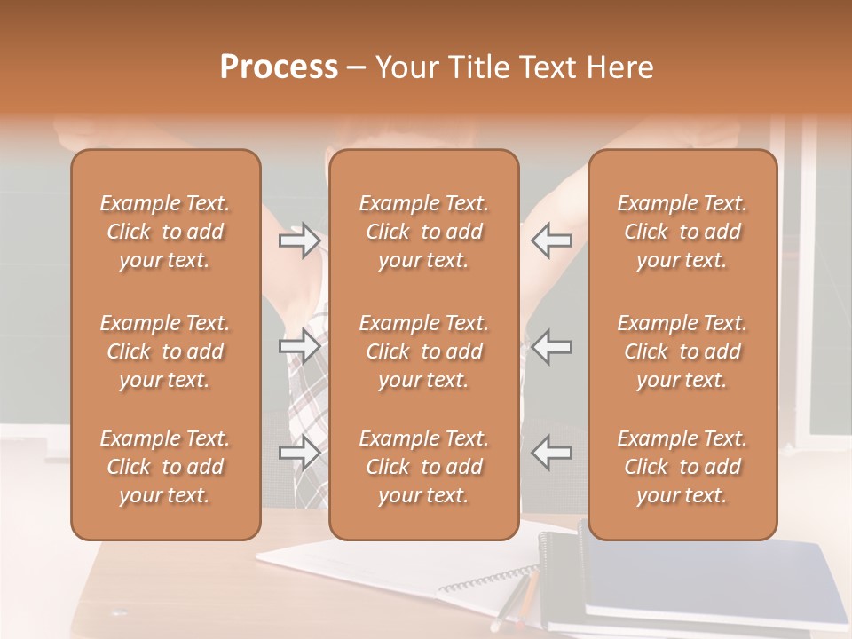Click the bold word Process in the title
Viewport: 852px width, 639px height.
tap(279, 67)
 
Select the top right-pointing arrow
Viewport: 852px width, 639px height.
tap(300, 241)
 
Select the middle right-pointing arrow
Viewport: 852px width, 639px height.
tap(300, 346)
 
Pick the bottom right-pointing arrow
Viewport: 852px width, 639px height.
tap(300, 453)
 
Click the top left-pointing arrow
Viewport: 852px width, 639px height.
tap(551, 241)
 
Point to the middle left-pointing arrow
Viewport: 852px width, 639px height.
tap(551, 346)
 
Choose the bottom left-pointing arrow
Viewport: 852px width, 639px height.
tap(551, 453)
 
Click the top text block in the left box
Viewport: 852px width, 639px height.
tap(165, 232)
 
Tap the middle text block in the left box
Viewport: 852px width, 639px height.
tap(165, 351)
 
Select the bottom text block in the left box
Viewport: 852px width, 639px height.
tap(165, 467)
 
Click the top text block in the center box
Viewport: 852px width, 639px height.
tap(423, 232)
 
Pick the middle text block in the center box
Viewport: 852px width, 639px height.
tap(423, 351)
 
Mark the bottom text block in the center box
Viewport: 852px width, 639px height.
tap(423, 467)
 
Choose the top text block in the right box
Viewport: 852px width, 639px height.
tap(682, 232)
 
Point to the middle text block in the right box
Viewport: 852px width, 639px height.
tap(682, 351)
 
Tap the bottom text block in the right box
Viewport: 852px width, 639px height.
tap(682, 467)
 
